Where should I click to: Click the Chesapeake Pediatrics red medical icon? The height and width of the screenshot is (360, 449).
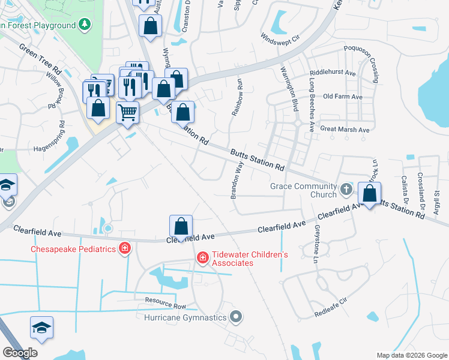pyautogui.click(x=125, y=248)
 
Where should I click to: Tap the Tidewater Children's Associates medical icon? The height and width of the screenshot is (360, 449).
pyautogui.click(x=203, y=259)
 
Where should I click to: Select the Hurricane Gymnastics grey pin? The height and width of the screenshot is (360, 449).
pyautogui.click(x=237, y=317)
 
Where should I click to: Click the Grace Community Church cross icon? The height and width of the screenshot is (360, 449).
pyautogui.click(x=346, y=190)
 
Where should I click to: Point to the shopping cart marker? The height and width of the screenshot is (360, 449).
pyautogui.click(x=127, y=112)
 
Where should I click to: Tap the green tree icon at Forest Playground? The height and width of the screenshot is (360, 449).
pyautogui.click(x=85, y=25)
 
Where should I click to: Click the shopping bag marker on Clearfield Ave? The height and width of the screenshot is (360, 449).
pyautogui.click(x=181, y=227)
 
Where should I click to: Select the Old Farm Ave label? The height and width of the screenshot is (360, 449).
pyautogui.click(x=343, y=97)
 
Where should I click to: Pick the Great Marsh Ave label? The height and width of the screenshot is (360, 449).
pyautogui.click(x=345, y=129)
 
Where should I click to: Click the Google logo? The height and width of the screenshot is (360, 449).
pyautogui.click(x=20, y=353)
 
